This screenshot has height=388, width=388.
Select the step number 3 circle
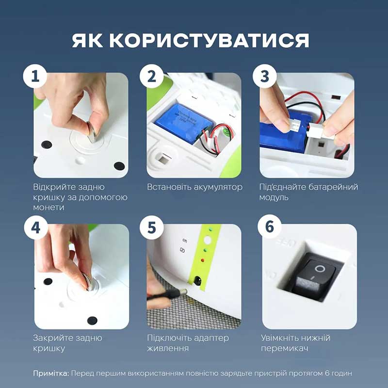click(x=264, y=77)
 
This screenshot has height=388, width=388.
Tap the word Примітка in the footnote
click(x=50, y=373)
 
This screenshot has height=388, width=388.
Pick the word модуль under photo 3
click(x=275, y=197)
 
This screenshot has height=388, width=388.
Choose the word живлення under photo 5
click(x=168, y=348)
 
